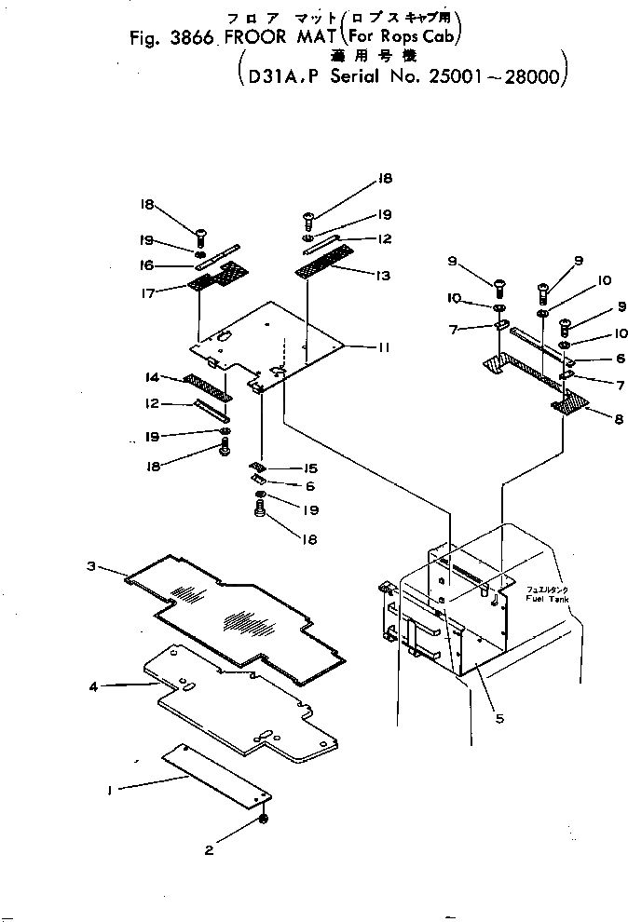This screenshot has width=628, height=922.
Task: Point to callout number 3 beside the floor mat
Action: [x=91, y=567]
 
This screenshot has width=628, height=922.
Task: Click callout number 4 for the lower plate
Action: [x=93, y=687]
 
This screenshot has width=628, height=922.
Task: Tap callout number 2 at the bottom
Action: [x=209, y=848]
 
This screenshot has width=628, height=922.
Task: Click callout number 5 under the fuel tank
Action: [x=499, y=718]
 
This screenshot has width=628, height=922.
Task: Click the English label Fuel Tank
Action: [x=546, y=598]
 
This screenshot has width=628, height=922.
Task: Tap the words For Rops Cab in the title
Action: [x=405, y=40]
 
